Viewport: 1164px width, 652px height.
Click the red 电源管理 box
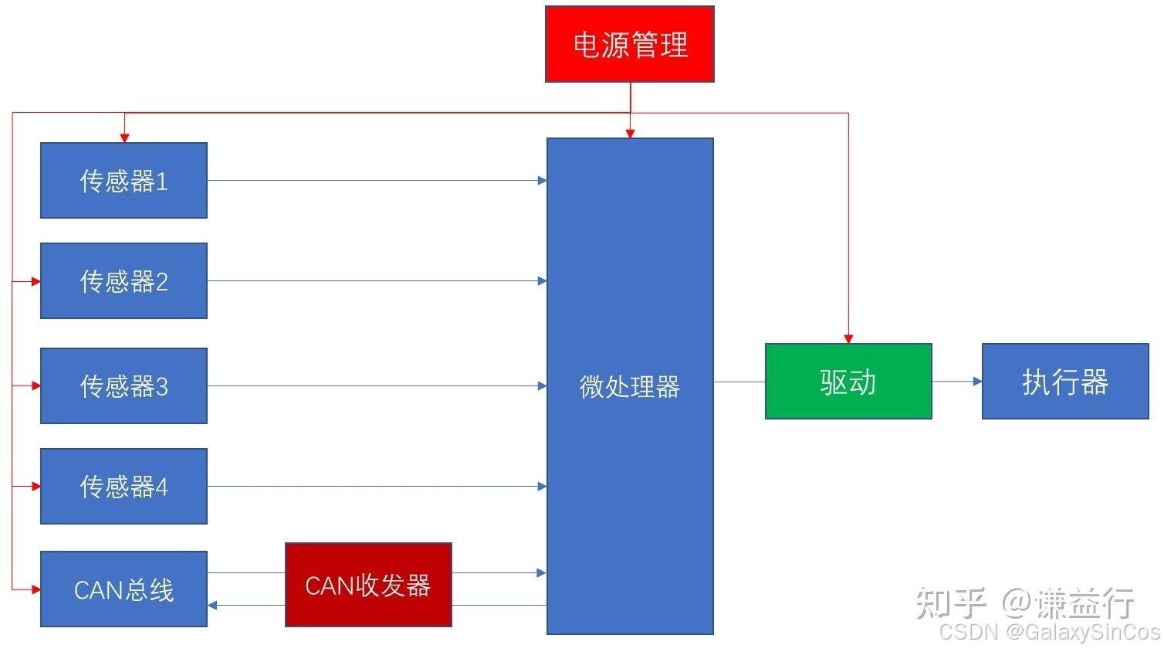pos(629,44)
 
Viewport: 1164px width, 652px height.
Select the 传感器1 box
pos(124,181)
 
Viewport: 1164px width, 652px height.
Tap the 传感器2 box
pos(124,281)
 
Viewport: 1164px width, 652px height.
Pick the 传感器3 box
pos(124,385)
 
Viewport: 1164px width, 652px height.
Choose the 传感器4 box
pos(124,486)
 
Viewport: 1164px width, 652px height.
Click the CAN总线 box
pos(124,589)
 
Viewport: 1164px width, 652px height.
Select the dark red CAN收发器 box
pos(368,585)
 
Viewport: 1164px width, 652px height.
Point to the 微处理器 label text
pos(629,386)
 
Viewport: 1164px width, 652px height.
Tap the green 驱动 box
pos(848,382)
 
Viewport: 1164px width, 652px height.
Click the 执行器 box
pos(1065,382)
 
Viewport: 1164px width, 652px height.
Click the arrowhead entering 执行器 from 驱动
pos(977,382)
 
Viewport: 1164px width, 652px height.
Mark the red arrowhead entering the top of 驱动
pos(848,339)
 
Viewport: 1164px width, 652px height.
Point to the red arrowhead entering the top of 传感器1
pos(124,138)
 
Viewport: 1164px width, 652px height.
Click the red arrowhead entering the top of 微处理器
pos(630,134)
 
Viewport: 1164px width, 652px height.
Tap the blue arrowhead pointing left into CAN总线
pos(212,606)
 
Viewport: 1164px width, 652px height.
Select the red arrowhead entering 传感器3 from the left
pos(36,385)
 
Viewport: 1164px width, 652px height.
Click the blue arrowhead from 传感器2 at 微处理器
pos(542,281)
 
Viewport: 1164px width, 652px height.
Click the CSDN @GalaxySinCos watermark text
pos(1049,632)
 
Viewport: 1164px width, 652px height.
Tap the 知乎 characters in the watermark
pos(950,603)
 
